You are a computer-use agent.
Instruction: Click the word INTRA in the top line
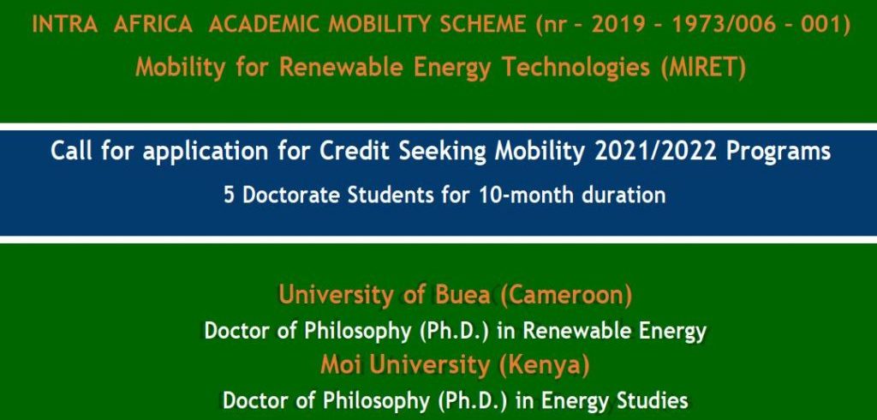tap(65, 25)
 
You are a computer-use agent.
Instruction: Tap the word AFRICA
tap(154, 25)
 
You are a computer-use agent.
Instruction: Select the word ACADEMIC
tap(265, 25)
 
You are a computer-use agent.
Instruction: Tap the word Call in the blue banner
tap(73, 151)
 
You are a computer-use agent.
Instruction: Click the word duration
tap(624, 195)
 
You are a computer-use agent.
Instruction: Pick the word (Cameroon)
tap(566, 295)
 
